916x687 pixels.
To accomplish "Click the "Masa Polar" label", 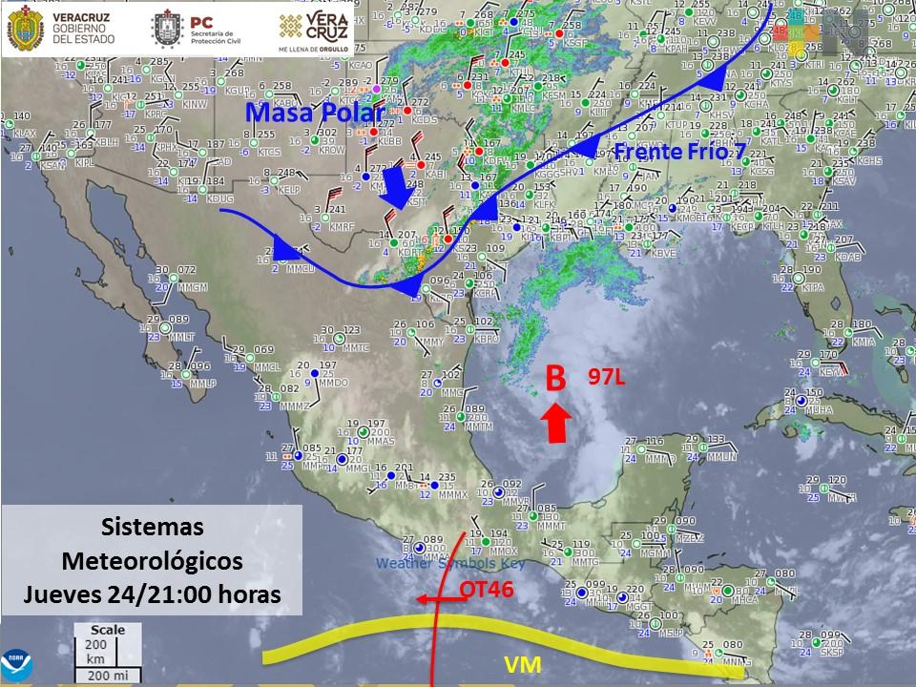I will coord(314,113).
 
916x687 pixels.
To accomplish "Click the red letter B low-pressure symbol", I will coord(554,379).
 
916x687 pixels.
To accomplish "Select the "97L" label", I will coord(606,377).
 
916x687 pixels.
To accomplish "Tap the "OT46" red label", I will coord(487,589).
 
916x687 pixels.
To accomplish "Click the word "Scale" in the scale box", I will coord(107,630).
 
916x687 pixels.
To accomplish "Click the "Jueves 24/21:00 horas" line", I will coord(153,593).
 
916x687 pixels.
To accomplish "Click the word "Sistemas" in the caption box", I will coord(153,526).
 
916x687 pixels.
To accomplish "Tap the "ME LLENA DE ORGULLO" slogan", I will coord(313,46).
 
